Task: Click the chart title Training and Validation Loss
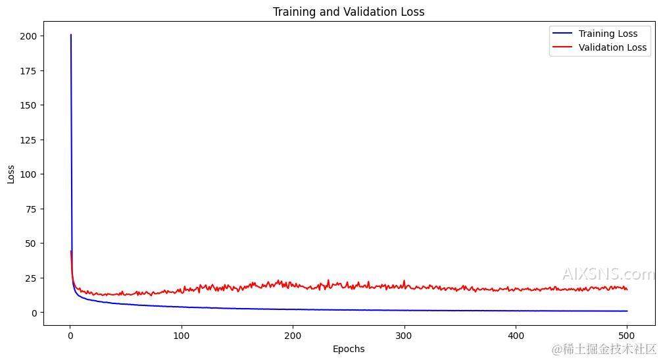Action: [349, 12]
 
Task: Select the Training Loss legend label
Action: [608, 34]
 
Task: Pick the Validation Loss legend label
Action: [612, 47]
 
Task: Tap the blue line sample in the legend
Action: [562, 34]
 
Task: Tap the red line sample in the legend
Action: [562, 47]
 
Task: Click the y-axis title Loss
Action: [11, 174]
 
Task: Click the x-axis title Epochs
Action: [349, 349]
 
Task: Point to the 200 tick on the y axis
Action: [30, 36]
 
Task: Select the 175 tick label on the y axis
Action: [30, 70]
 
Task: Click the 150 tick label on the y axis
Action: [30, 105]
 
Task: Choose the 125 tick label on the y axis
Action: [30, 140]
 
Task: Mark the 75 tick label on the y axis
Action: [32, 209]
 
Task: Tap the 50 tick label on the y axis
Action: [32, 244]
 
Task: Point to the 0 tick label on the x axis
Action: [70, 336]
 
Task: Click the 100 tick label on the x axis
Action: [181, 336]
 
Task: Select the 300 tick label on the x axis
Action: [404, 336]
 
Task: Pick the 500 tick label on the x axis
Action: [627, 336]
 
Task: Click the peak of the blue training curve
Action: [70, 35]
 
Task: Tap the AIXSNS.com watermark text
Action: [608, 274]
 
